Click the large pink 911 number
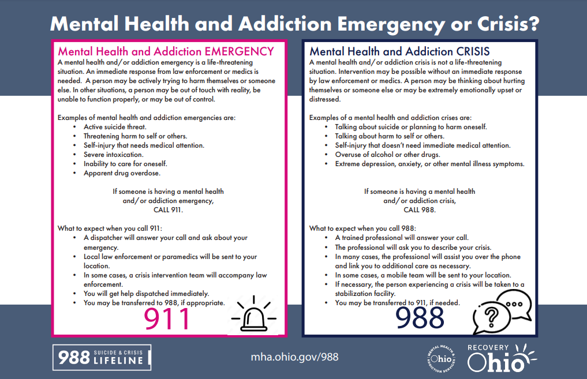167,318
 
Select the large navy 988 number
420,317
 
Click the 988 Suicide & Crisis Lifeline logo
102,357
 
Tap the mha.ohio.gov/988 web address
294,357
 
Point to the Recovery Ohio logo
501,358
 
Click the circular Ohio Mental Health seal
439,358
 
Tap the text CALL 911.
173,210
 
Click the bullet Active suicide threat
115,127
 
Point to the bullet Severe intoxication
114,155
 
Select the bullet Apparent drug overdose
122,173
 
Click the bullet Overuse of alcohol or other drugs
387,155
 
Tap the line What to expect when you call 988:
362,228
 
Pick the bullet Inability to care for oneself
125,164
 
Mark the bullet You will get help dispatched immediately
146,294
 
